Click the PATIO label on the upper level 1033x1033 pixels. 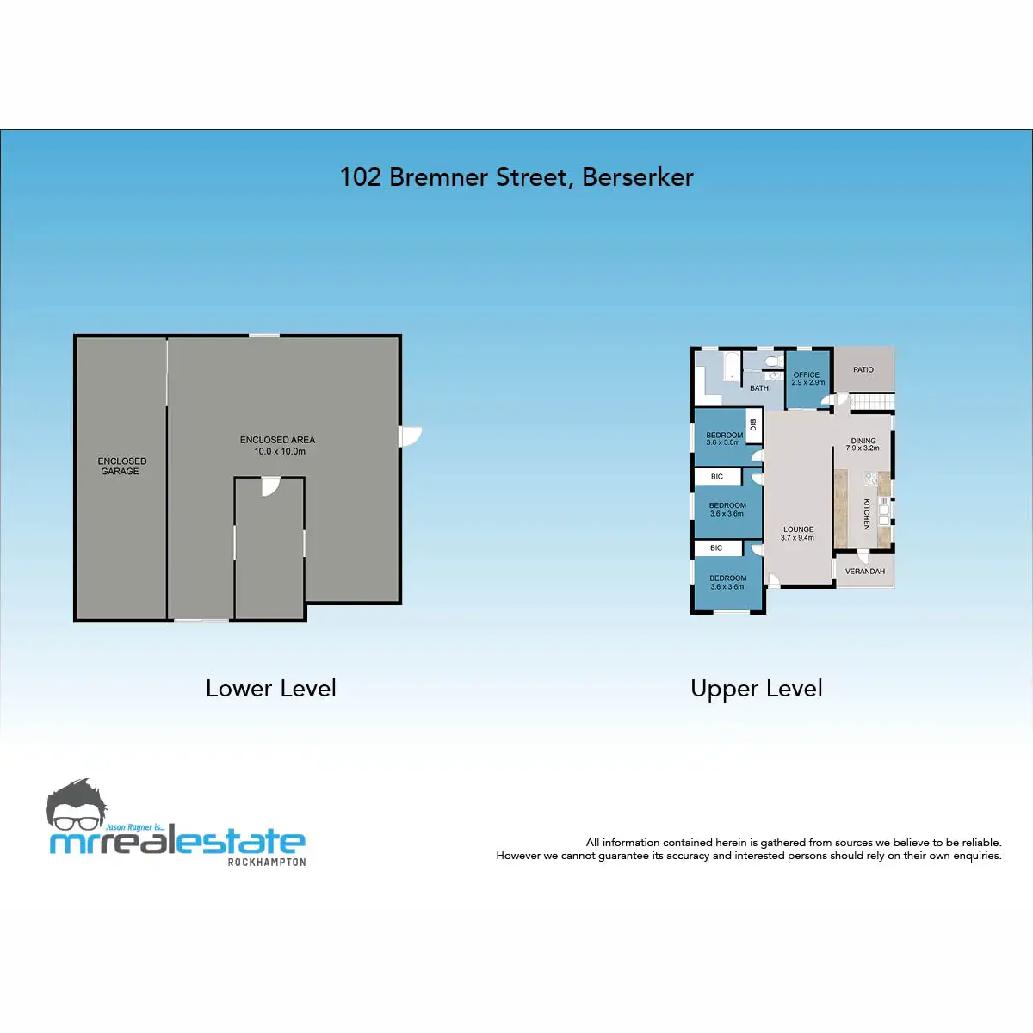863,369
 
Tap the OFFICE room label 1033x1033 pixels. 807,374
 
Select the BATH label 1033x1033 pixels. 759,388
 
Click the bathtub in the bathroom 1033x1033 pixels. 731,366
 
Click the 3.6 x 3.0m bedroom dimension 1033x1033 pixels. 722,442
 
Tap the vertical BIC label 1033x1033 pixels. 752,425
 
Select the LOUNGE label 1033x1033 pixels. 798,529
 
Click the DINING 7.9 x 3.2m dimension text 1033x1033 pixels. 863,448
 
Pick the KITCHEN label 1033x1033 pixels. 866,514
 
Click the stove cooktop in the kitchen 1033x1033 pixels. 870,478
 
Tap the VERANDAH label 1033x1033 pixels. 864,572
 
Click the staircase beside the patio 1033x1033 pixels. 872,400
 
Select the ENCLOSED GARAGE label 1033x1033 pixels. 121,466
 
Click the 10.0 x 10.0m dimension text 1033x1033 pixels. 279,451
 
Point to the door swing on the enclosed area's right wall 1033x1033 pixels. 410,436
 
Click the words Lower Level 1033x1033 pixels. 270,689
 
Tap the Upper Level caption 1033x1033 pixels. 756,690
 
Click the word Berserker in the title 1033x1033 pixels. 637,177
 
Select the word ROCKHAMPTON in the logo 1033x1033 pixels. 266,862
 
